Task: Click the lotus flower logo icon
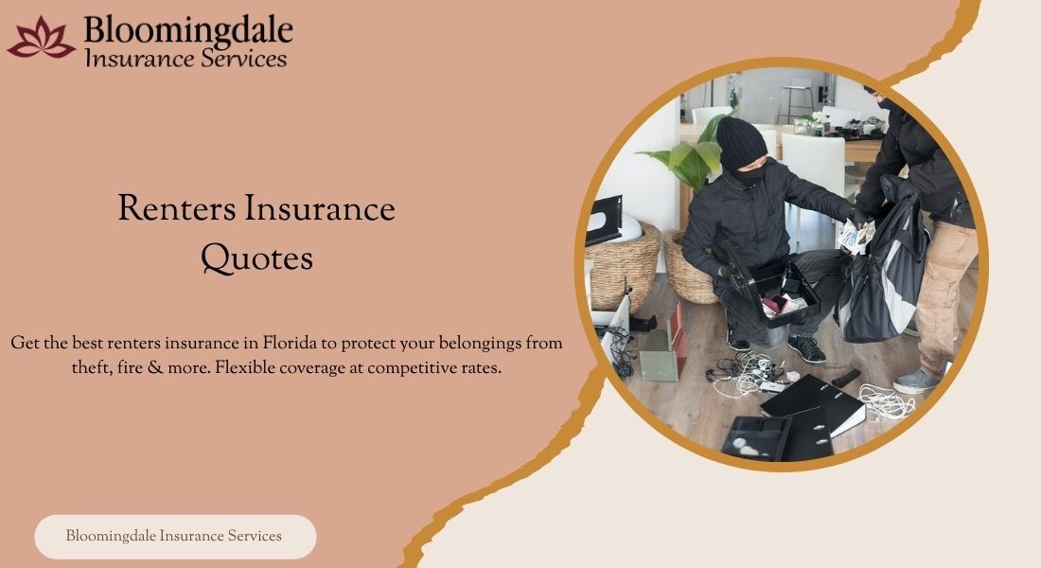[x=41, y=39]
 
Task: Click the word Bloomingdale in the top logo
[x=188, y=31]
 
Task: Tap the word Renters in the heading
[x=177, y=208]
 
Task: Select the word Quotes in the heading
[x=256, y=258]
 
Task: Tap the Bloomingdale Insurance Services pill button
[x=175, y=537]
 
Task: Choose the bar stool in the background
[x=796, y=99]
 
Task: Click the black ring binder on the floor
[x=813, y=408]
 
